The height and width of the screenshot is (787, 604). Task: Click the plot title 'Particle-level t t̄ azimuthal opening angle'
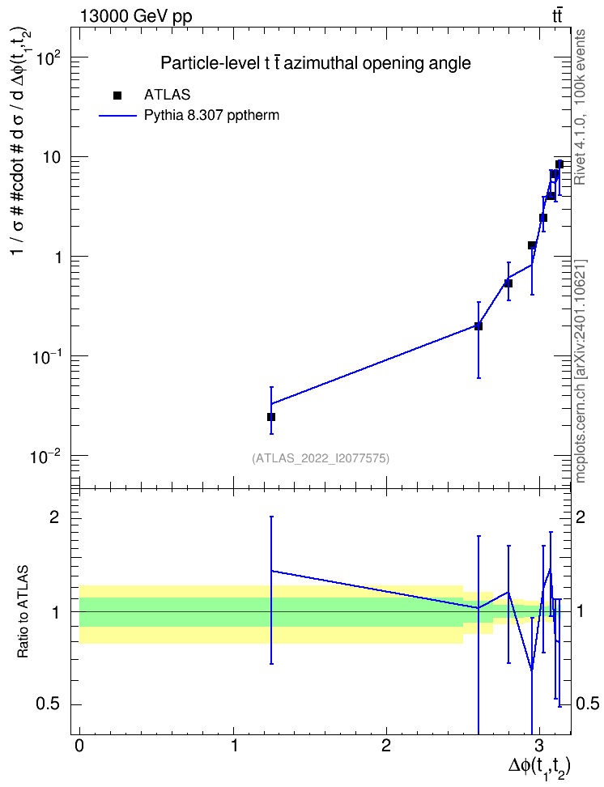coord(315,63)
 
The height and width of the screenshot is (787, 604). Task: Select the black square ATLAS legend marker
coord(117,96)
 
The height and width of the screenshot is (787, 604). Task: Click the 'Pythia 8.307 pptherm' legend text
coord(211,116)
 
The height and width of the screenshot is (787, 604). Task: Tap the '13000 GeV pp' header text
coord(135,16)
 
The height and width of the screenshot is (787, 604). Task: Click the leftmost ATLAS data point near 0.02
coord(271,417)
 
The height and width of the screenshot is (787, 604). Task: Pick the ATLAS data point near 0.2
coord(479,326)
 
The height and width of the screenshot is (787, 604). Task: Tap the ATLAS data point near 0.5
coord(508,283)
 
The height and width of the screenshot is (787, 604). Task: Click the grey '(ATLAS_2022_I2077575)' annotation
coord(321,458)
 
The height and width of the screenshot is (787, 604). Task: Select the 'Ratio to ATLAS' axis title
coord(23,612)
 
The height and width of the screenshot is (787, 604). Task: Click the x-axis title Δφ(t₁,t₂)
coord(540,767)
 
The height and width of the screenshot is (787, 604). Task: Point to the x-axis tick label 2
coord(385,746)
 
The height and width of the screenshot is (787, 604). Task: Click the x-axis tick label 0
coord(79,746)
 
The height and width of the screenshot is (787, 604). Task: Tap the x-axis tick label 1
coord(234,746)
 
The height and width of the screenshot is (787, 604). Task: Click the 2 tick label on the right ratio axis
coord(581,517)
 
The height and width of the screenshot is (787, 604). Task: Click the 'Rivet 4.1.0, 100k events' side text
coord(580,107)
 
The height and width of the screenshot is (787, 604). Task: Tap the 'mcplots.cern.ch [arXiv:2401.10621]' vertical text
coord(580,371)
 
